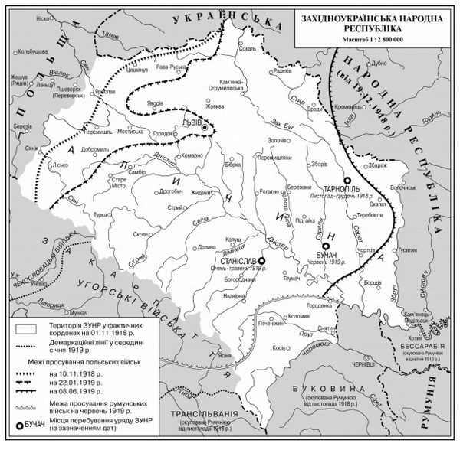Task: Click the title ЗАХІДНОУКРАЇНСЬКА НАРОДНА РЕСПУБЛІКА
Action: click(x=374, y=24)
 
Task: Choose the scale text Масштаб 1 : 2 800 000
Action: click(x=374, y=49)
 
